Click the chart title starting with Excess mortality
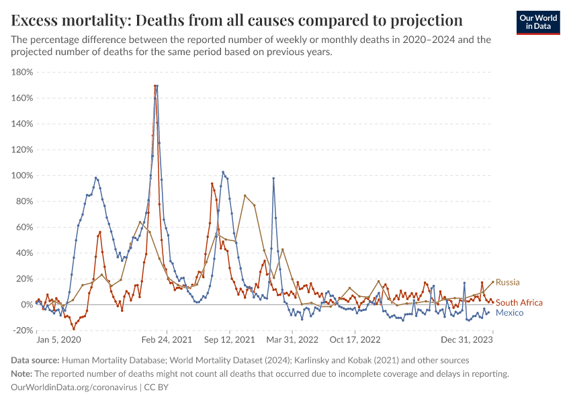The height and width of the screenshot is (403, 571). coord(236,18)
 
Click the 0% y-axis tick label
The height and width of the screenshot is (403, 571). coord(27,304)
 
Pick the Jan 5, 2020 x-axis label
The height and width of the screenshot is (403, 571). coord(58,341)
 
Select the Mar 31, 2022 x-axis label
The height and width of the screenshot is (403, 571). coord(292,341)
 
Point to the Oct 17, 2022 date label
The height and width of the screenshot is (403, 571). coord(356,341)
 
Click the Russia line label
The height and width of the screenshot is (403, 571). coord(507,282)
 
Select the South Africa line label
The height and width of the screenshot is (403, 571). coord(519,303)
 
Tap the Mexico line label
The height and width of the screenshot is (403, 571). coord(509,313)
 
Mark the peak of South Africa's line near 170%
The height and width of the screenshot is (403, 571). coord(157,86)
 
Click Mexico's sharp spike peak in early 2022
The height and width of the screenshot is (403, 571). coord(273,178)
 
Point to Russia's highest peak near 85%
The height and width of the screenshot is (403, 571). coord(245,195)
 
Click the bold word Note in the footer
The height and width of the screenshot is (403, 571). coord(22,373)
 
